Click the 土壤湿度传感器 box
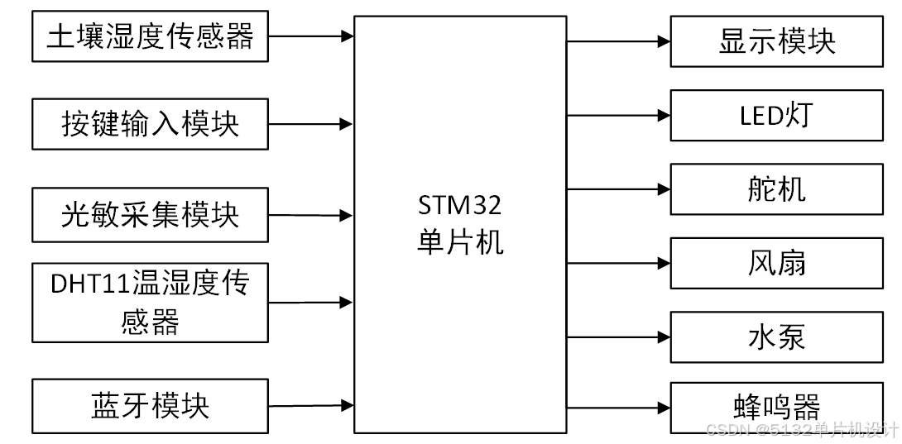click(x=150, y=36)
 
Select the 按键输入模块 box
click(x=150, y=124)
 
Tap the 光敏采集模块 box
click(x=150, y=215)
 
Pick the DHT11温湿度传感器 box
click(x=150, y=302)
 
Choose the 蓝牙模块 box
click(x=150, y=406)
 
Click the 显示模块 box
click(x=776, y=41)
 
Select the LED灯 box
click(x=776, y=116)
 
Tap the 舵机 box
click(x=776, y=189)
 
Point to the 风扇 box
click(x=776, y=264)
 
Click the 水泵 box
click(x=776, y=337)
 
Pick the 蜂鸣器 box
click(x=776, y=407)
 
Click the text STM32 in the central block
click(x=460, y=204)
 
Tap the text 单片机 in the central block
click(x=460, y=241)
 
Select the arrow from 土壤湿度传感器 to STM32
click(x=311, y=36)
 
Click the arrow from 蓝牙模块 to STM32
click(x=311, y=406)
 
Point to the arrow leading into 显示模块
click(x=619, y=41)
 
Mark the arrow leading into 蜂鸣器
click(x=619, y=407)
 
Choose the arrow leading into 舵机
click(x=619, y=189)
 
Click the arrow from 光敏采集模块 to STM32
click(x=311, y=215)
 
